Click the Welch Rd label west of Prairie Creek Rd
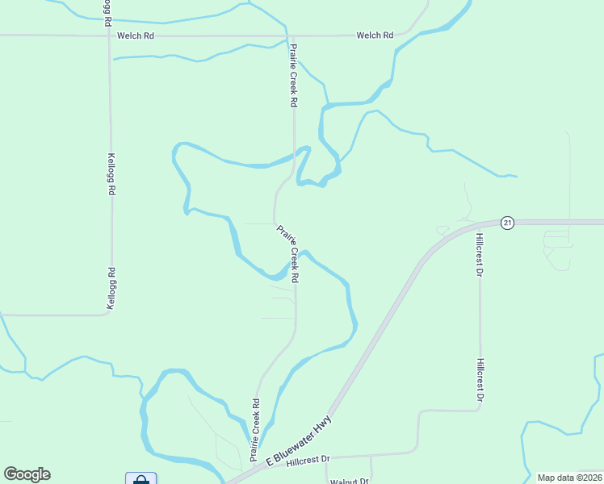[135, 35]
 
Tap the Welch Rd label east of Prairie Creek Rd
[375, 35]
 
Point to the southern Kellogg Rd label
[112, 288]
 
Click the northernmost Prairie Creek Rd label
[295, 76]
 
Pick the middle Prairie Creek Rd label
[289, 253]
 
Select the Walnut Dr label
[349, 482]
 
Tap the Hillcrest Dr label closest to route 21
[479, 255]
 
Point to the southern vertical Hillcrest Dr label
[480, 381]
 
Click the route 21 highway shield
[506, 223]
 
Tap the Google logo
[27, 474]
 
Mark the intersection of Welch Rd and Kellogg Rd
[108, 35]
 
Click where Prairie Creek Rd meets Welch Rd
[288, 35]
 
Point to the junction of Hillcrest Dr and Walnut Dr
[371, 456]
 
